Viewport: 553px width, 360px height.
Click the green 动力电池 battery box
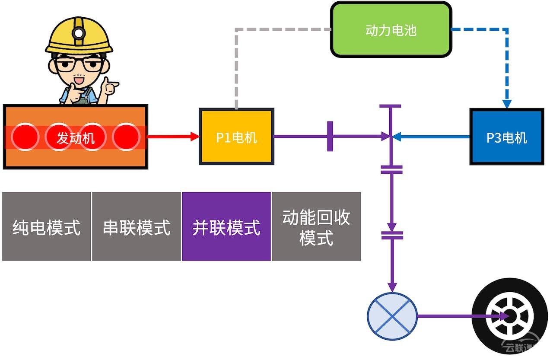391,30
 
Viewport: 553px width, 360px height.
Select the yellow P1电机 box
236,137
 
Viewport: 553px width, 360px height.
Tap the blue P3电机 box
507,137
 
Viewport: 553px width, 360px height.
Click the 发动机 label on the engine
76,138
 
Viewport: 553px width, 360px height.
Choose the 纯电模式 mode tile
46,226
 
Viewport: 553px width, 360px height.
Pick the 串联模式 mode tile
136,226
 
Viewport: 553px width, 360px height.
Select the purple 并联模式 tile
226,226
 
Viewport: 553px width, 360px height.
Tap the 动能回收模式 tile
316,226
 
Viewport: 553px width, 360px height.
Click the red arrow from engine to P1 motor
173,136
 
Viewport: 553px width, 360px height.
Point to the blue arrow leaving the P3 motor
431,137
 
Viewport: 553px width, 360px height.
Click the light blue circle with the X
392,316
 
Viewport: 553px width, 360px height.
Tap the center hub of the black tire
510,316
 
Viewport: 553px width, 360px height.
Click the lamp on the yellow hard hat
79,33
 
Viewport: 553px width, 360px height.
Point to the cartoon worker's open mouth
79,81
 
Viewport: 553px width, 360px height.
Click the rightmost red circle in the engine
126,137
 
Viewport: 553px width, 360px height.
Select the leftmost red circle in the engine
25,137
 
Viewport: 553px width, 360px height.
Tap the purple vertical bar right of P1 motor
330,136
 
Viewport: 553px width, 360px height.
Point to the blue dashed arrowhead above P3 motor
507,104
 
